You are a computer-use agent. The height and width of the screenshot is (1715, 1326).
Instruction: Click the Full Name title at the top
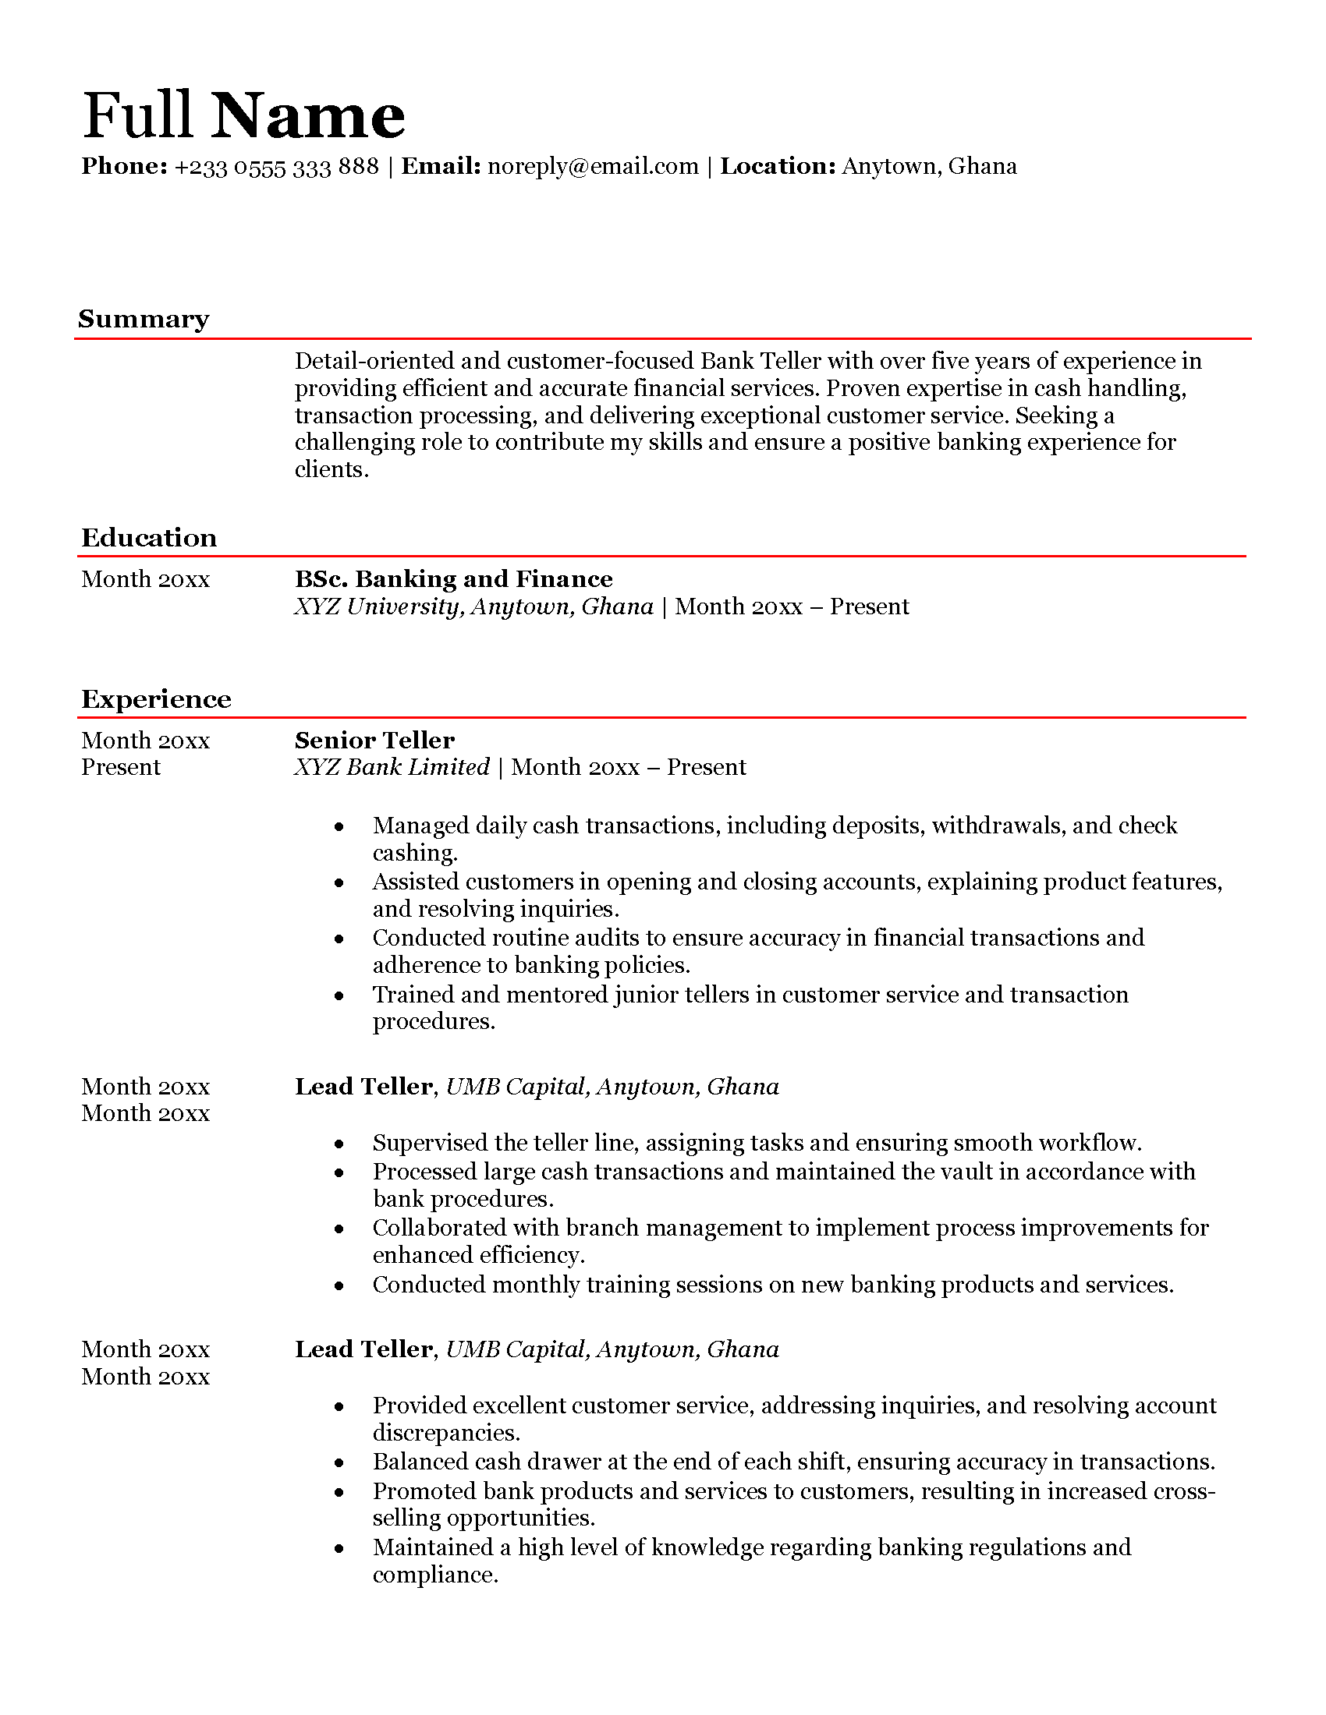pos(243,115)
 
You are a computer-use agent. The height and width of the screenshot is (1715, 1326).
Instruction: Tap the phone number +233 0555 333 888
pos(277,167)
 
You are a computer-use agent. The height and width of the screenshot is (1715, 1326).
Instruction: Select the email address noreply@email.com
pos(593,167)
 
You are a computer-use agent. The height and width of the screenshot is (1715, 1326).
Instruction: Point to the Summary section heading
pos(144,319)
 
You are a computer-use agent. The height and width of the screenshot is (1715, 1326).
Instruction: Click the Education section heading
pos(149,538)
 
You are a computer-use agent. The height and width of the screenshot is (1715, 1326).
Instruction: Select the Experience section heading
pos(156,699)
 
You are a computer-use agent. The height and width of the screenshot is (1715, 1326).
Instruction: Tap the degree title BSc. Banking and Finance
pos(453,579)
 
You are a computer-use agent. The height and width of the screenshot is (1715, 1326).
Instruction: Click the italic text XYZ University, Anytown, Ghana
pos(473,607)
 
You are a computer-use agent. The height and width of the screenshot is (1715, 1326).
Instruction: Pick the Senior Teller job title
pos(374,741)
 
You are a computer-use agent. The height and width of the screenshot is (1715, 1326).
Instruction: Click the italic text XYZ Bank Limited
pos(392,767)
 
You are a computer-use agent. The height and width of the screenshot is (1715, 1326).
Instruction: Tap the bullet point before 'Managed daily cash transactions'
pos(339,827)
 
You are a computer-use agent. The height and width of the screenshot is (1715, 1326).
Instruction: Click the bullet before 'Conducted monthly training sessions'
pos(339,1286)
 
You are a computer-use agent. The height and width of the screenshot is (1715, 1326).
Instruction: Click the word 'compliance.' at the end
pos(435,1575)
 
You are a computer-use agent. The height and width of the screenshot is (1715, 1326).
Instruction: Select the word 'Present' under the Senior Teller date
pos(121,767)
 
